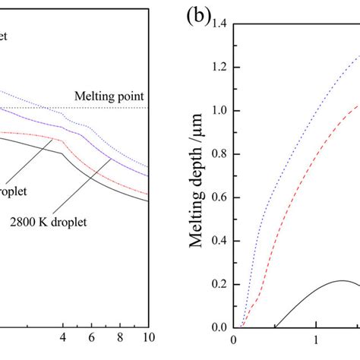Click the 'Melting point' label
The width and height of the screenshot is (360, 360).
[111, 96]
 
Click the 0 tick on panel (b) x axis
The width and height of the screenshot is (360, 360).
[235, 341]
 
